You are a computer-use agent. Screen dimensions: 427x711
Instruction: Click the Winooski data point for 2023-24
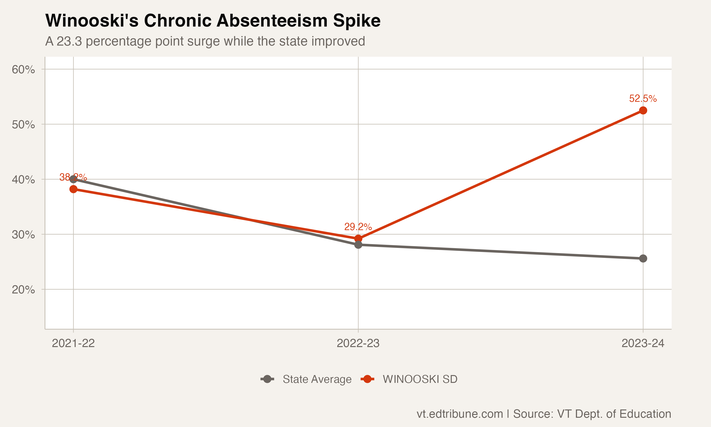pyautogui.click(x=643, y=111)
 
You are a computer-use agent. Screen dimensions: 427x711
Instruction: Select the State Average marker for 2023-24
pyautogui.click(x=643, y=258)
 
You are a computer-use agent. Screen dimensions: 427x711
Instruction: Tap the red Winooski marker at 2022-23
pyautogui.click(x=358, y=239)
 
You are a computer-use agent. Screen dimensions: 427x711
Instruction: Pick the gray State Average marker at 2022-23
pyautogui.click(x=358, y=245)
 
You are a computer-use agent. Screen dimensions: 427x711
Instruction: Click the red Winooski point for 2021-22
pyautogui.click(x=73, y=189)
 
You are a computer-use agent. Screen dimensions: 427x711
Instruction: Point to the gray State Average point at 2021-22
pyautogui.click(x=73, y=179)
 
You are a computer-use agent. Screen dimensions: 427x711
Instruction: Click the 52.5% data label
pyautogui.click(x=643, y=99)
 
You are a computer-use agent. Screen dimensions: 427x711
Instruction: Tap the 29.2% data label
pyautogui.click(x=358, y=227)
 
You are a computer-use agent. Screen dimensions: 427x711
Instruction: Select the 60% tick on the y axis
pyautogui.click(x=23, y=69)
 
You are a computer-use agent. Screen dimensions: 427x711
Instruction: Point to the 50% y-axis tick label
pyautogui.click(x=23, y=125)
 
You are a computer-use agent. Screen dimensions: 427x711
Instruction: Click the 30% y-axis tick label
pyautogui.click(x=23, y=235)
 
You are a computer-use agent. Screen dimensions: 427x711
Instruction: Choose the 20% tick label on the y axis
pyautogui.click(x=23, y=289)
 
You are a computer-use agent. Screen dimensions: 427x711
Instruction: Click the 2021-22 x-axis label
pyautogui.click(x=73, y=343)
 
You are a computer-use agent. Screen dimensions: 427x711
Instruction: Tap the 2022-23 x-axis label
pyautogui.click(x=358, y=343)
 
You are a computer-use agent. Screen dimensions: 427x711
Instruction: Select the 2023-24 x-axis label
pyautogui.click(x=643, y=343)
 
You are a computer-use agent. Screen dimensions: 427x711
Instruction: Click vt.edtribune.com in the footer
pyautogui.click(x=460, y=414)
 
